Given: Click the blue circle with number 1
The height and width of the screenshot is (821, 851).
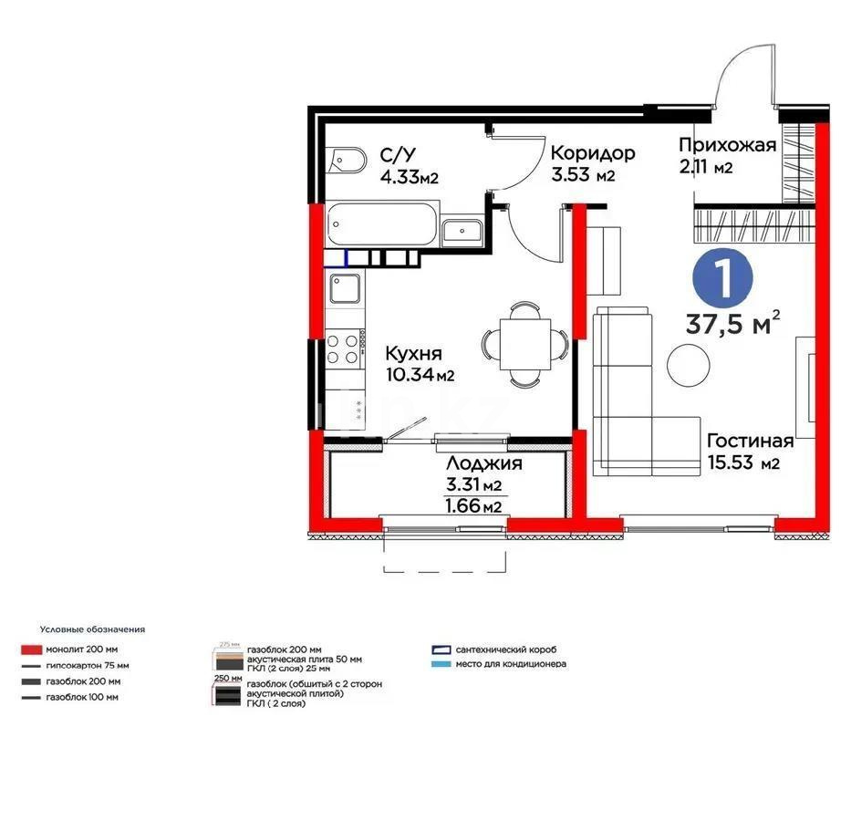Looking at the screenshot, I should pyautogui.click(x=724, y=279).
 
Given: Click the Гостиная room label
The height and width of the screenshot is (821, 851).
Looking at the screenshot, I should pyautogui.click(x=750, y=441).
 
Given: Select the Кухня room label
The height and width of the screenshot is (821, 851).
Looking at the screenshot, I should pyautogui.click(x=413, y=353).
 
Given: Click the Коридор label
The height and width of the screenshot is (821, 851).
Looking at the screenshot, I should pyautogui.click(x=593, y=152).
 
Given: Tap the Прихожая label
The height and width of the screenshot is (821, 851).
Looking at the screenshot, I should pyautogui.click(x=727, y=144).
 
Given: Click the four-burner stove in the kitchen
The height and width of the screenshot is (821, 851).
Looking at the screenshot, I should pyautogui.click(x=343, y=347).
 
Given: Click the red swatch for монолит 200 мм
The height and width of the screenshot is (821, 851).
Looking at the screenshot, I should pyautogui.click(x=30, y=650).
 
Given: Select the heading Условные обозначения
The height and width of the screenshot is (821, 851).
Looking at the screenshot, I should pyautogui.click(x=92, y=629).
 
